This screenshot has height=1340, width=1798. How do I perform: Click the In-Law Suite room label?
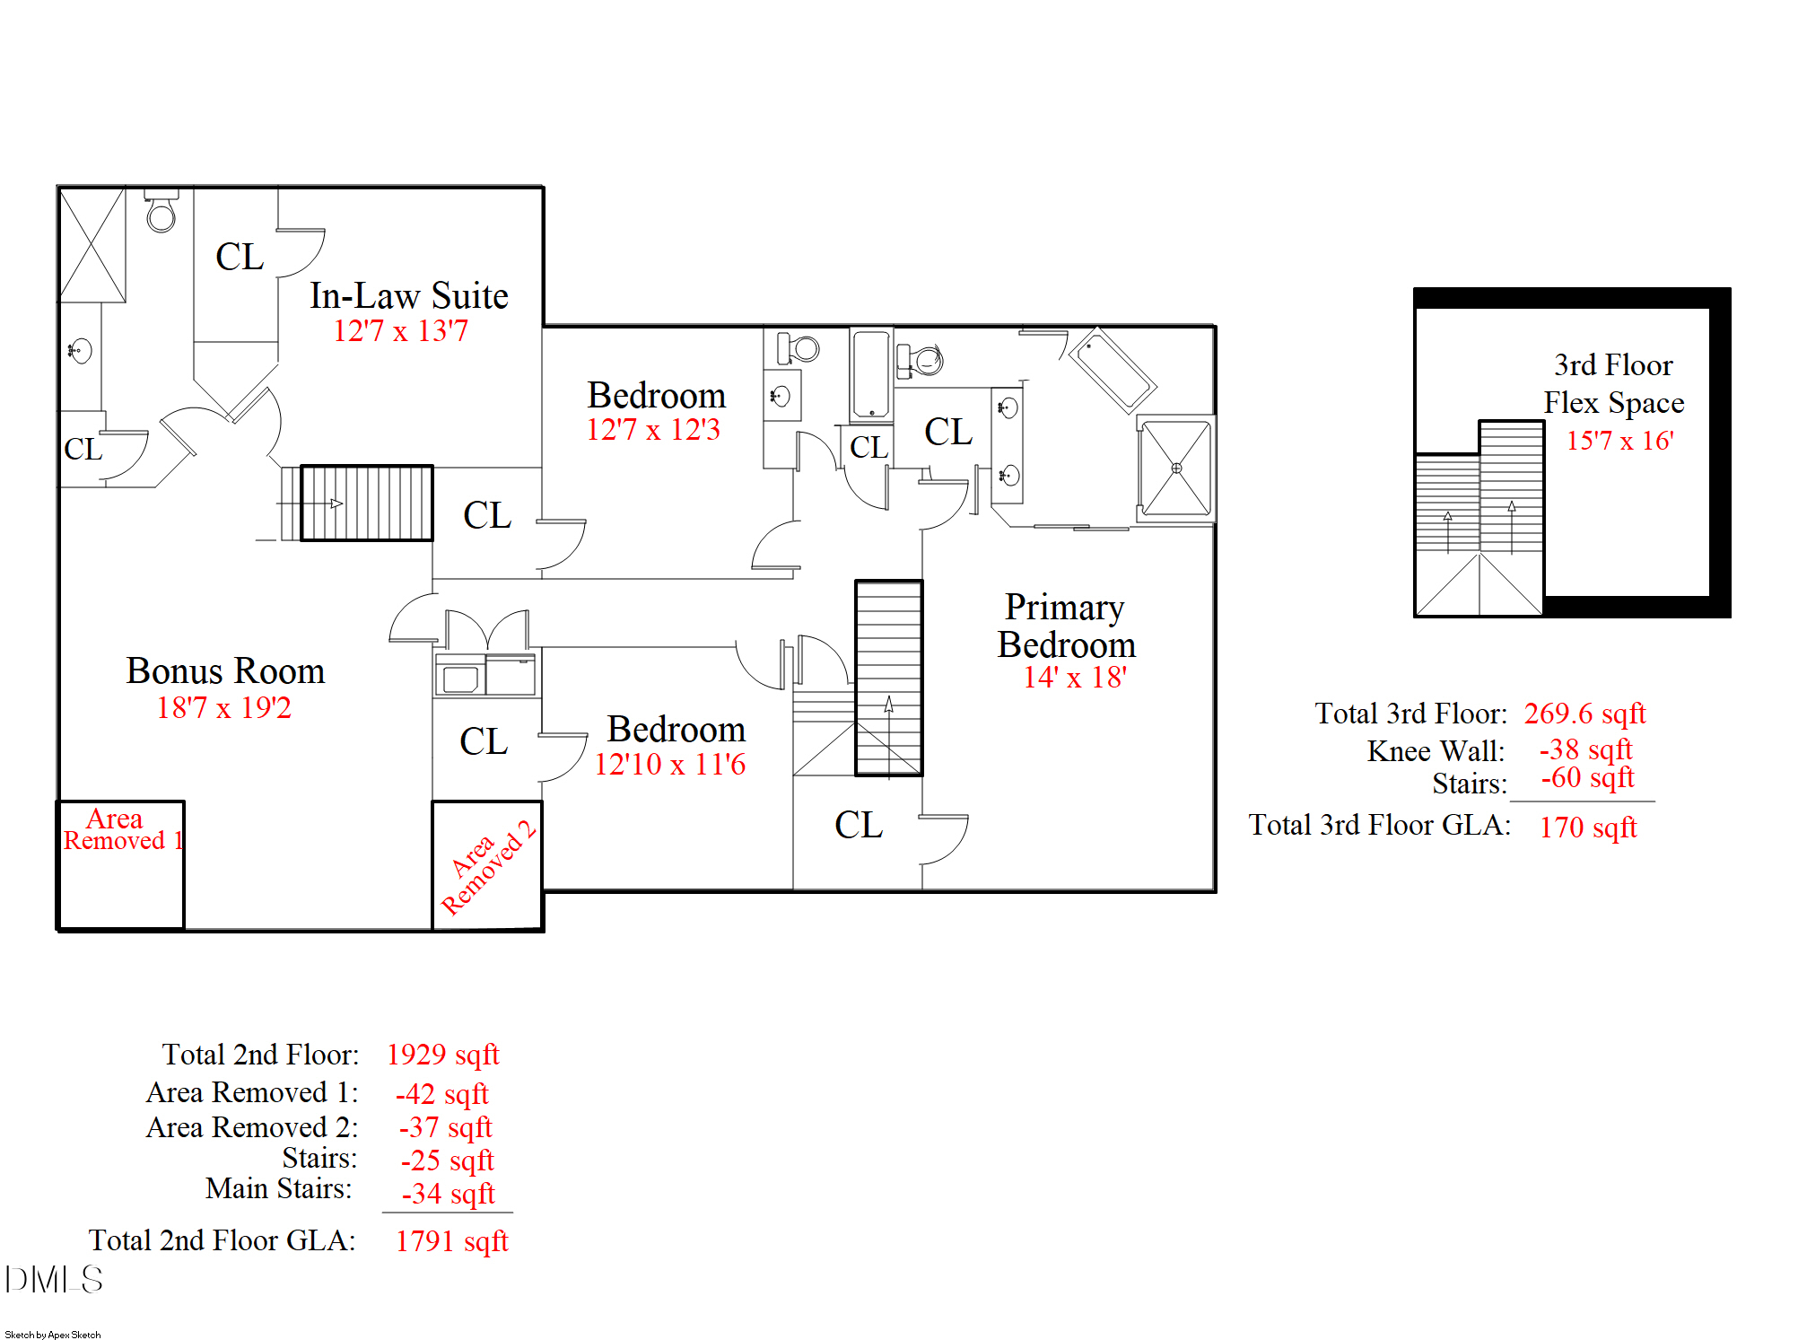click(x=409, y=296)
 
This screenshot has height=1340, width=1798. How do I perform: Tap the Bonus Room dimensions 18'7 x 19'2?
click(x=224, y=708)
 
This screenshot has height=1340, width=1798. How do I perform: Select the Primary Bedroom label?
click(x=1066, y=626)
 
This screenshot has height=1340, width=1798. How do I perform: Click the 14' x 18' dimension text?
click(x=1075, y=678)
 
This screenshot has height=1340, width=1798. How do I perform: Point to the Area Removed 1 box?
click(x=121, y=864)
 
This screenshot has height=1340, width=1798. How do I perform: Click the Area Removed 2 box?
click(x=487, y=865)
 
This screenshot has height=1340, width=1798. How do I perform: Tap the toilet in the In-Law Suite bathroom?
click(x=161, y=212)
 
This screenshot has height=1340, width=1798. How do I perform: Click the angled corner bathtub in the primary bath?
click(x=1111, y=370)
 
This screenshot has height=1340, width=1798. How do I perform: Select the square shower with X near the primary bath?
click(x=1176, y=469)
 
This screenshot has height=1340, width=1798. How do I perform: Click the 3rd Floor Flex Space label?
click(x=1613, y=384)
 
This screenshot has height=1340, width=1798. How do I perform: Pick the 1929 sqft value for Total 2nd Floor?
click(x=443, y=1055)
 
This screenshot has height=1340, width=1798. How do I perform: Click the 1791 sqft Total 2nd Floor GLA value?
click(x=452, y=1241)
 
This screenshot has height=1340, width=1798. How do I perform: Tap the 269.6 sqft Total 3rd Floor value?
click(x=1584, y=714)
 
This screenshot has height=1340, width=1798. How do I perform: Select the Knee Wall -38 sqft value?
click(x=1586, y=749)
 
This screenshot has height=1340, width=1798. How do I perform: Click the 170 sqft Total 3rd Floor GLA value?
click(x=1588, y=828)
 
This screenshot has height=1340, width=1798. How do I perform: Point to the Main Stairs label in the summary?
click(x=279, y=1188)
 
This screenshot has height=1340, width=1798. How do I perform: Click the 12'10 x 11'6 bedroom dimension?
click(x=670, y=765)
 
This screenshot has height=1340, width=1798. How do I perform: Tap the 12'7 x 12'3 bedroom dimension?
click(x=653, y=430)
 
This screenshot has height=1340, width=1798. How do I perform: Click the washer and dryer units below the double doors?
click(x=485, y=675)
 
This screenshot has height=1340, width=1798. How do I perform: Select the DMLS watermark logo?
click(x=54, y=1279)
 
